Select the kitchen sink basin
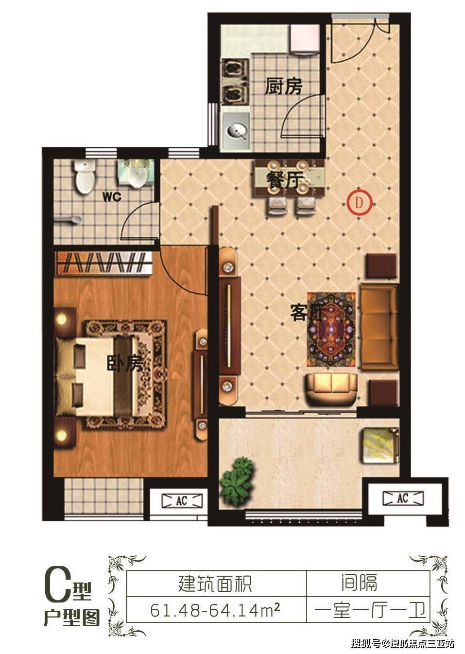237,131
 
